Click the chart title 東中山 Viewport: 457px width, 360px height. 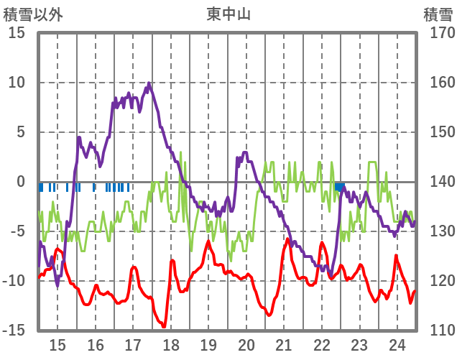[x=228, y=14]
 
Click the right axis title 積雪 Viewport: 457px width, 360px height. [x=438, y=14]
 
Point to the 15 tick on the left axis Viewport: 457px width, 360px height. [x=17, y=33]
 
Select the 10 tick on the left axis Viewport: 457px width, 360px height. [x=17, y=83]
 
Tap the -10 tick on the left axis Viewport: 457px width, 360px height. [x=14, y=281]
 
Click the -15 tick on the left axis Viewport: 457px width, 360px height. [x=14, y=331]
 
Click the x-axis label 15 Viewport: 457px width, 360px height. [x=57, y=345]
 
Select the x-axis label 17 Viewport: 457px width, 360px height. [x=133, y=345]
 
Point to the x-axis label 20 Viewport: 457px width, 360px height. [x=246, y=345]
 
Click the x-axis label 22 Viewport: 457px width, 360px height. [x=322, y=345]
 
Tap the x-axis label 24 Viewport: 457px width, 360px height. [x=397, y=345]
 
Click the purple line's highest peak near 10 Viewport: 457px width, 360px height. [x=149, y=83]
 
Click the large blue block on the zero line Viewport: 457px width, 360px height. [x=339, y=187]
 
